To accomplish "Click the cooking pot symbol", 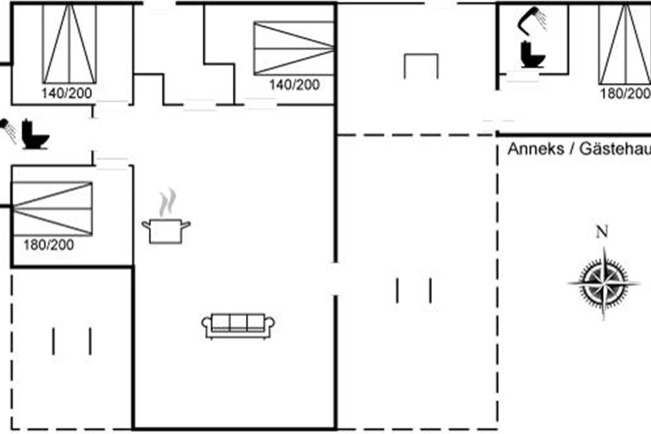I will pyautogui.click(x=165, y=231).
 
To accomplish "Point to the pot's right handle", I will pyautogui.click(x=186, y=223).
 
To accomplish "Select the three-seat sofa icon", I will pyautogui.click(x=238, y=325).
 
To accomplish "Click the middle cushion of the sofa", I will pyautogui.click(x=238, y=323).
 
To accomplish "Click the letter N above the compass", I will pyautogui.click(x=602, y=232).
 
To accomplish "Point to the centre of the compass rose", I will pyautogui.click(x=603, y=283).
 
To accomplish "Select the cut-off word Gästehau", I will pyautogui.click(x=615, y=149).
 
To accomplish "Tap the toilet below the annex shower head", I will pyautogui.click(x=532, y=55).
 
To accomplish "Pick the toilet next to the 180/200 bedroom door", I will pyautogui.click(x=35, y=135).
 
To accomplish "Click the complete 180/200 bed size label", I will pyautogui.click(x=48, y=245).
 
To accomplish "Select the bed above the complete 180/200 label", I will pyautogui.click(x=52, y=208).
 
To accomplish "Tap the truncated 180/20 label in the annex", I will pyautogui.click(x=624, y=93).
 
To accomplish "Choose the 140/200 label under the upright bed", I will pyautogui.click(x=67, y=93).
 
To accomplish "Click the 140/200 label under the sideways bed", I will pyautogui.click(x=295, y=85).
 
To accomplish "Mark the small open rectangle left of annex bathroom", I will pyautogui.click(x=421, y=66).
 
